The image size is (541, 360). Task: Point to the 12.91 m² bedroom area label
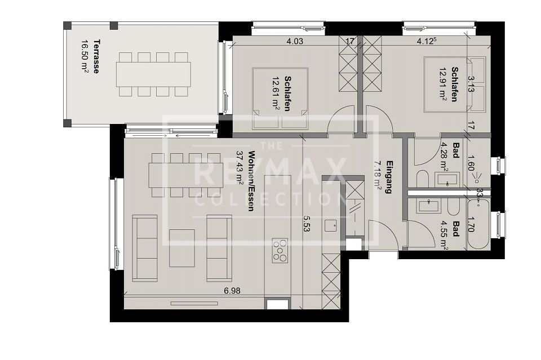pos(443,85)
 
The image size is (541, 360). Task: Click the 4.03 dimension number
pos(295,41)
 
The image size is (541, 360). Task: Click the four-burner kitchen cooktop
pos(279,250)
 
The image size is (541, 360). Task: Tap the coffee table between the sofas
pos(181,248)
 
